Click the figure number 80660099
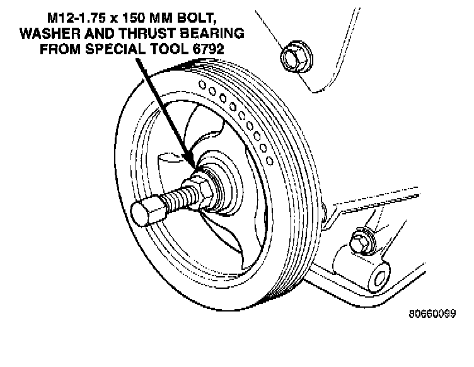click(431, 313)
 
